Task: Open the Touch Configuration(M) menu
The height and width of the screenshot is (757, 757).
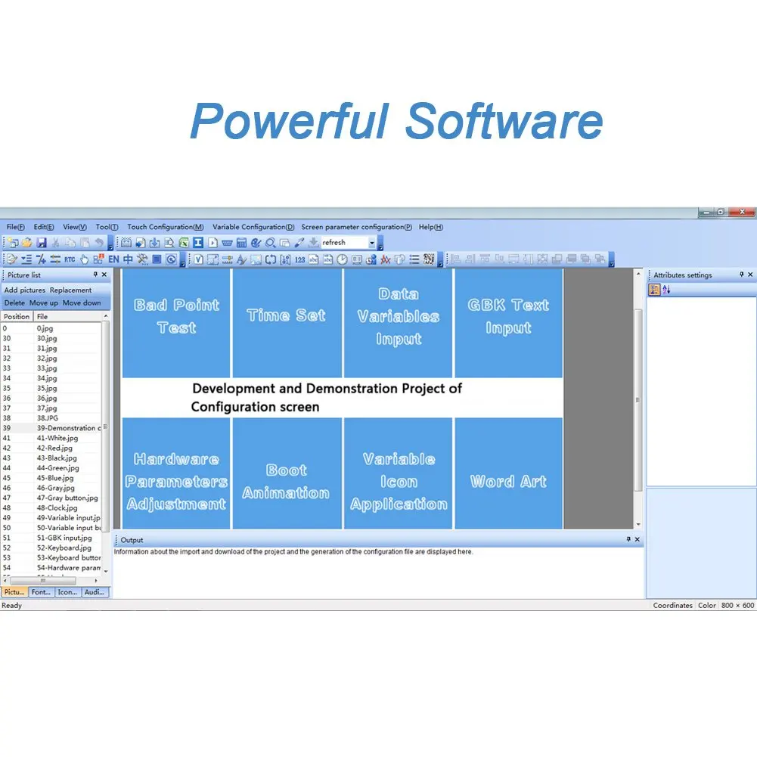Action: [x=165, y=227]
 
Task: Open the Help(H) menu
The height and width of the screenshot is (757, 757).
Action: [x=430, y=227]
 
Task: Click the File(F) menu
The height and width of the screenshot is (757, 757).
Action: [x=15, y=227]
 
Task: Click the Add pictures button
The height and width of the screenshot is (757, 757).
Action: [x=25, y=290]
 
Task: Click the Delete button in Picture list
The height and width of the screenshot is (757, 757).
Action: [x=14, y=302]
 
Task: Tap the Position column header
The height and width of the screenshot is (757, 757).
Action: [x=17, y=317]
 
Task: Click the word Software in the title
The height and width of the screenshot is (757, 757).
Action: [x=504, y=121]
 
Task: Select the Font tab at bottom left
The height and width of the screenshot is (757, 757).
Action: [x=42, y=592]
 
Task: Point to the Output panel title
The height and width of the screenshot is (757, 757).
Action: [x=132, y=540]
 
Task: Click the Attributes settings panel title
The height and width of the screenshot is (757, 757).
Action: [x=682, y=275]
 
